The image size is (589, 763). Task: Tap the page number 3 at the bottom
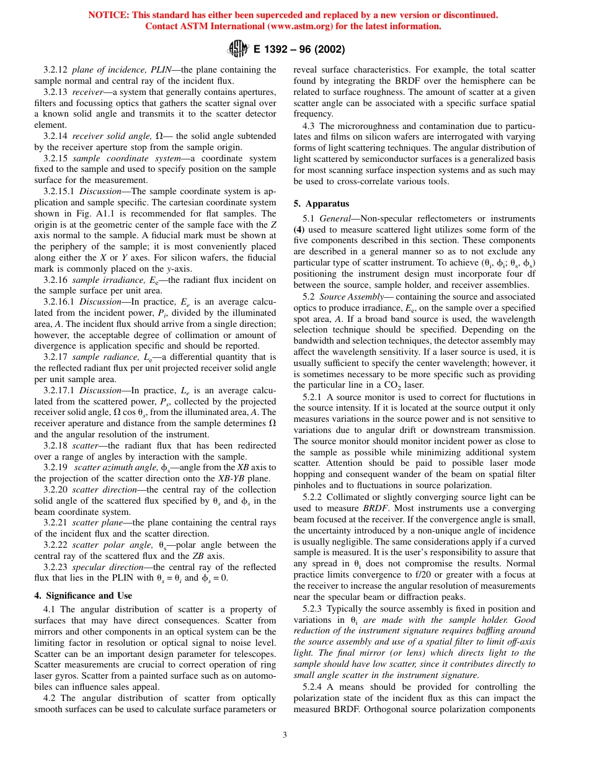(285, 735)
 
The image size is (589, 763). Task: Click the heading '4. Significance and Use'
(82, 596)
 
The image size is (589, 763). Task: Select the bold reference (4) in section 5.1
(298, 230)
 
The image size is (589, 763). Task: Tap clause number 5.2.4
(316, 686)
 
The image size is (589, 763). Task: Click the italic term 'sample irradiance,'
(99, 280)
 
